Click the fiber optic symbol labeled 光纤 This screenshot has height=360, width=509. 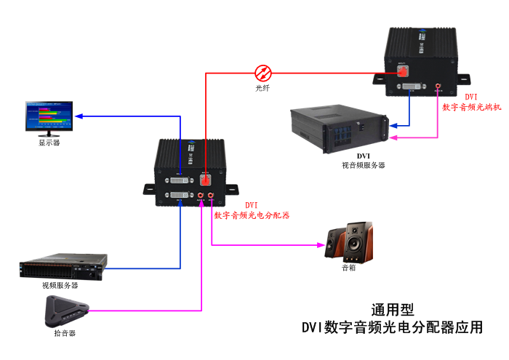(263, 72)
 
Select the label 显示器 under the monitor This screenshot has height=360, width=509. (49, 143)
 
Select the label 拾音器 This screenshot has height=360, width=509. (65, 333)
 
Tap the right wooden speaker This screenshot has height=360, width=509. (358, 242)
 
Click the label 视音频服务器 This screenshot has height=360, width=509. (364, 165)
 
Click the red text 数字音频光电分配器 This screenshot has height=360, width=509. (252, 215)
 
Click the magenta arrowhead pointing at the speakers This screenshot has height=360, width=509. (321, 245)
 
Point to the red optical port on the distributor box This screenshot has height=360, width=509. (206, 178)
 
